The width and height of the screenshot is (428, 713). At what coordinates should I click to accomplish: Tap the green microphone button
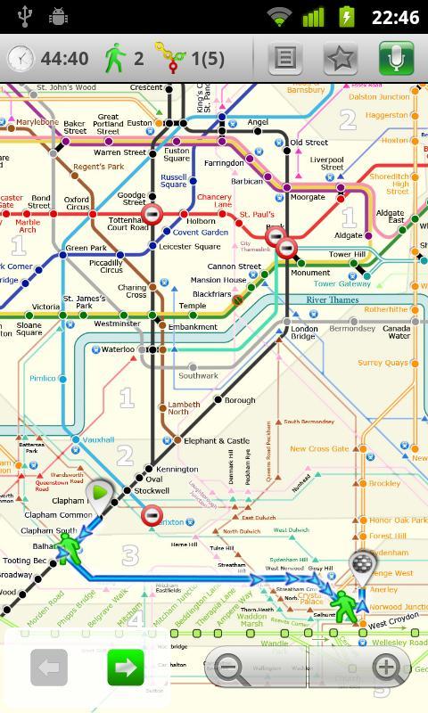(x=396, y=59)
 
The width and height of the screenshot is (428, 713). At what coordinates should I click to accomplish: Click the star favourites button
(x=341, y=59)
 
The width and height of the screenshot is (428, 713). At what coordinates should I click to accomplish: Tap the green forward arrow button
(x=126, y=667)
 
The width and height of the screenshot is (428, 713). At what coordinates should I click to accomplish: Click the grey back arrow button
(x=50, y=667)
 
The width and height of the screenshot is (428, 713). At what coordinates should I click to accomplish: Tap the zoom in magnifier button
(x=385, y=667)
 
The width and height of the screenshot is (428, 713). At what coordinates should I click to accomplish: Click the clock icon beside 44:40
(x=20, y=59)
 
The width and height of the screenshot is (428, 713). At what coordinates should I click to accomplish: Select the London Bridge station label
(x=304, y=332)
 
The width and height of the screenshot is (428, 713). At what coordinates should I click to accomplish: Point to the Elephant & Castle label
(x=217, y=440)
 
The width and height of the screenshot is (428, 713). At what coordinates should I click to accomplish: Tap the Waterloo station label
(x=118, y=349)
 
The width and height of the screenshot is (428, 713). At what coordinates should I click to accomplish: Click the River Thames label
(x=332, y=300)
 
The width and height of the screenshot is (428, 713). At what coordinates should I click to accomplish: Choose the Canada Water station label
(x=397, y=332)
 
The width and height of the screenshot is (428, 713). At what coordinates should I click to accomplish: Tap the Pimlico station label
(x=42, y=379)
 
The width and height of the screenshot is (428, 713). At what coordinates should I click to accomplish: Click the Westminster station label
(x=117, y=324)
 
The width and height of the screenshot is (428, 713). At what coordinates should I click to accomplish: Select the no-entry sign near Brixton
(x=152, y=515)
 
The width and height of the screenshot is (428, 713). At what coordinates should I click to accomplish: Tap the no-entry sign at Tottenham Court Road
(x=152, y=214)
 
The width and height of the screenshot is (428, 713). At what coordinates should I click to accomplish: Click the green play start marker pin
(x=100, y=493)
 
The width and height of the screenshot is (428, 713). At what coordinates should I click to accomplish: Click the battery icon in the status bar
(x=344, y=16)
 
